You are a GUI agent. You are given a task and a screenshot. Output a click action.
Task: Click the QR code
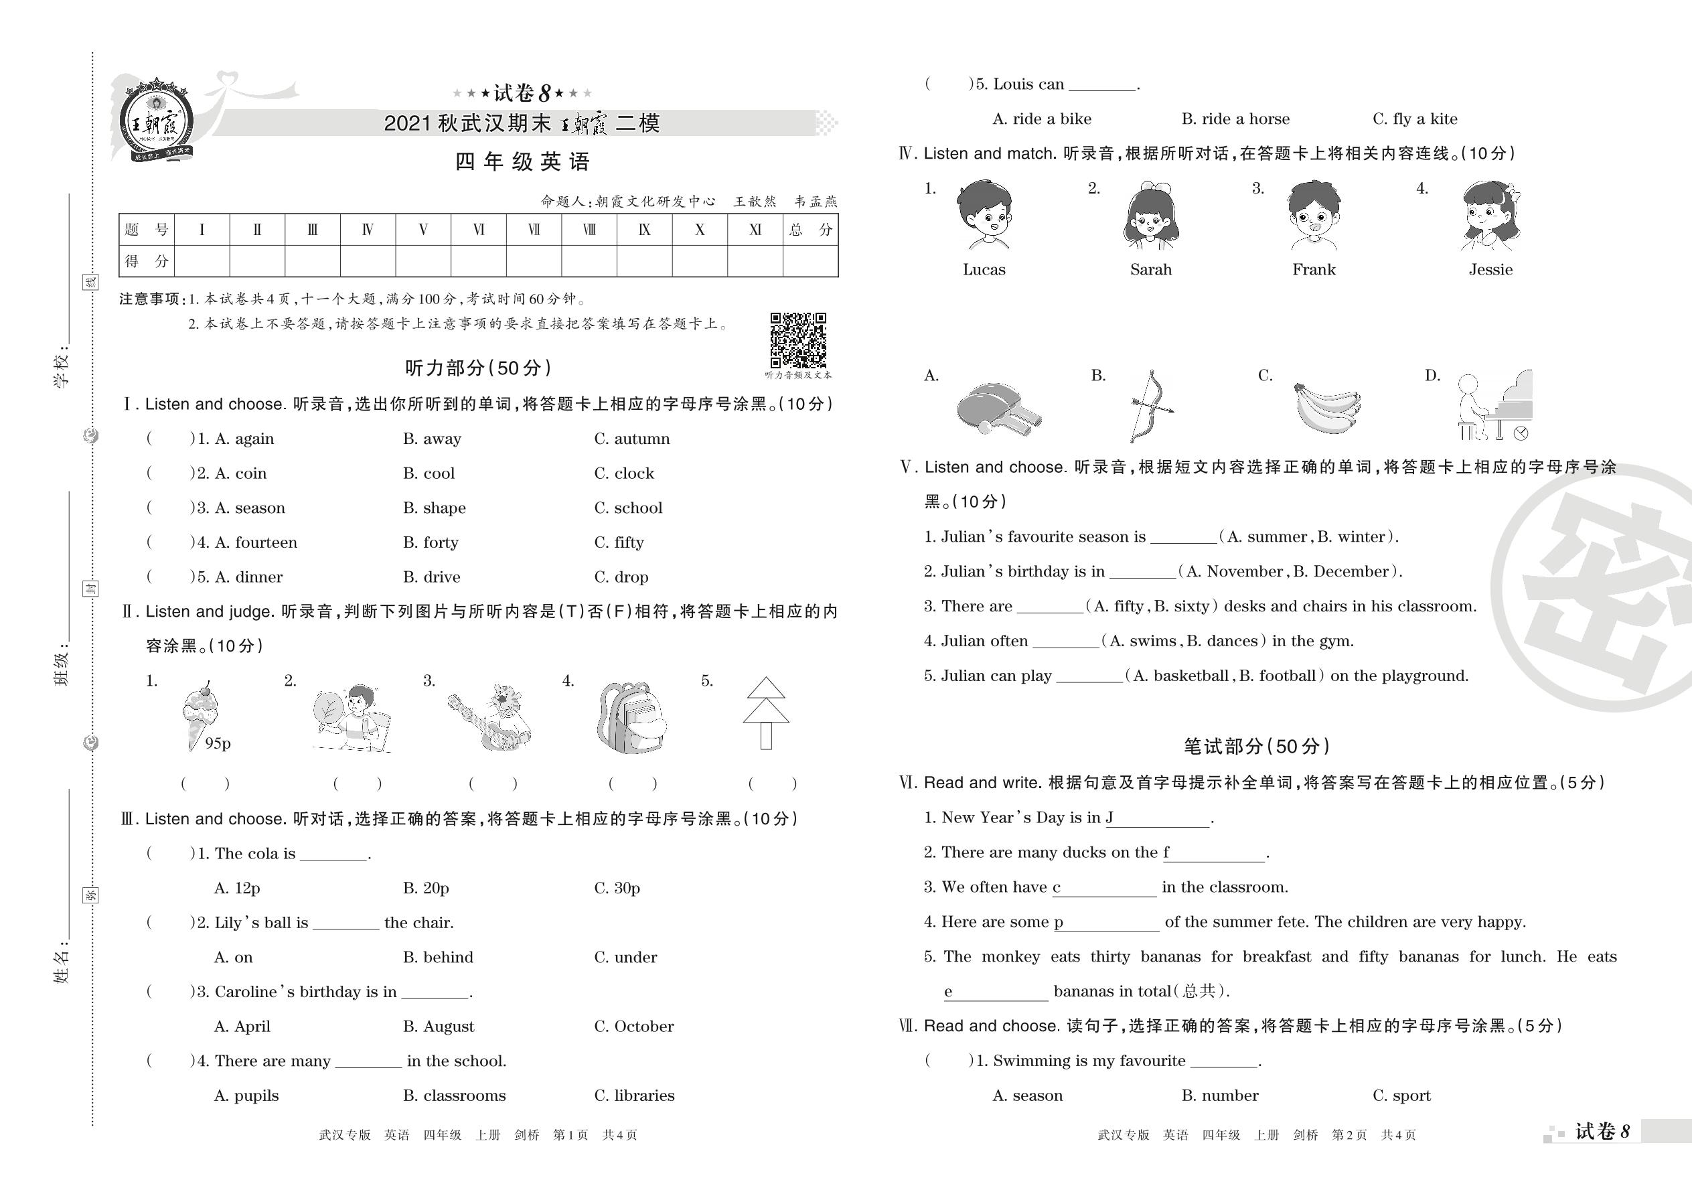[x=798, y=340]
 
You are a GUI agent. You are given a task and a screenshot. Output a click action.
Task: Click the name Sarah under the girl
[x=1150, y=270]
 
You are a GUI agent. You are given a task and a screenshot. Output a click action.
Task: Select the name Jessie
[x=1490, y=270]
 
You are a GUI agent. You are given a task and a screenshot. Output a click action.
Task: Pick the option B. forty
[x=431, y=543]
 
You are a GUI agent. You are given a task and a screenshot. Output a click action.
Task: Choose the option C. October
[x=633, y=1027]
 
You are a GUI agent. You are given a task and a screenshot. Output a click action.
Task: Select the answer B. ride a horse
[x=1235, y=119]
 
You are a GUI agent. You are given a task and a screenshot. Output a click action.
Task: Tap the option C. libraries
[x=634, y=1096]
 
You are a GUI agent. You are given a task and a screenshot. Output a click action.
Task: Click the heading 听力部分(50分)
[x=478, y=368]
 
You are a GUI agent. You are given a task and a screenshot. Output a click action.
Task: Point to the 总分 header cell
[x=810, y=230]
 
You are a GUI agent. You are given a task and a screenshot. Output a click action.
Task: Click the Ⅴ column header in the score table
[x=422, y=230]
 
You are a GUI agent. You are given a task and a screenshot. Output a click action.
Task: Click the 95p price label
[x=218, y=743]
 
